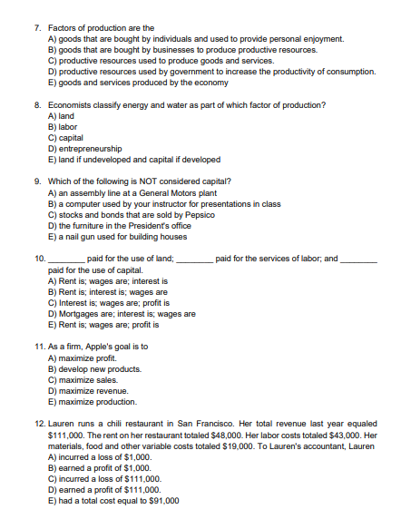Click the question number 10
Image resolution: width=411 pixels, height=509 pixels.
tap(37, 259)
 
